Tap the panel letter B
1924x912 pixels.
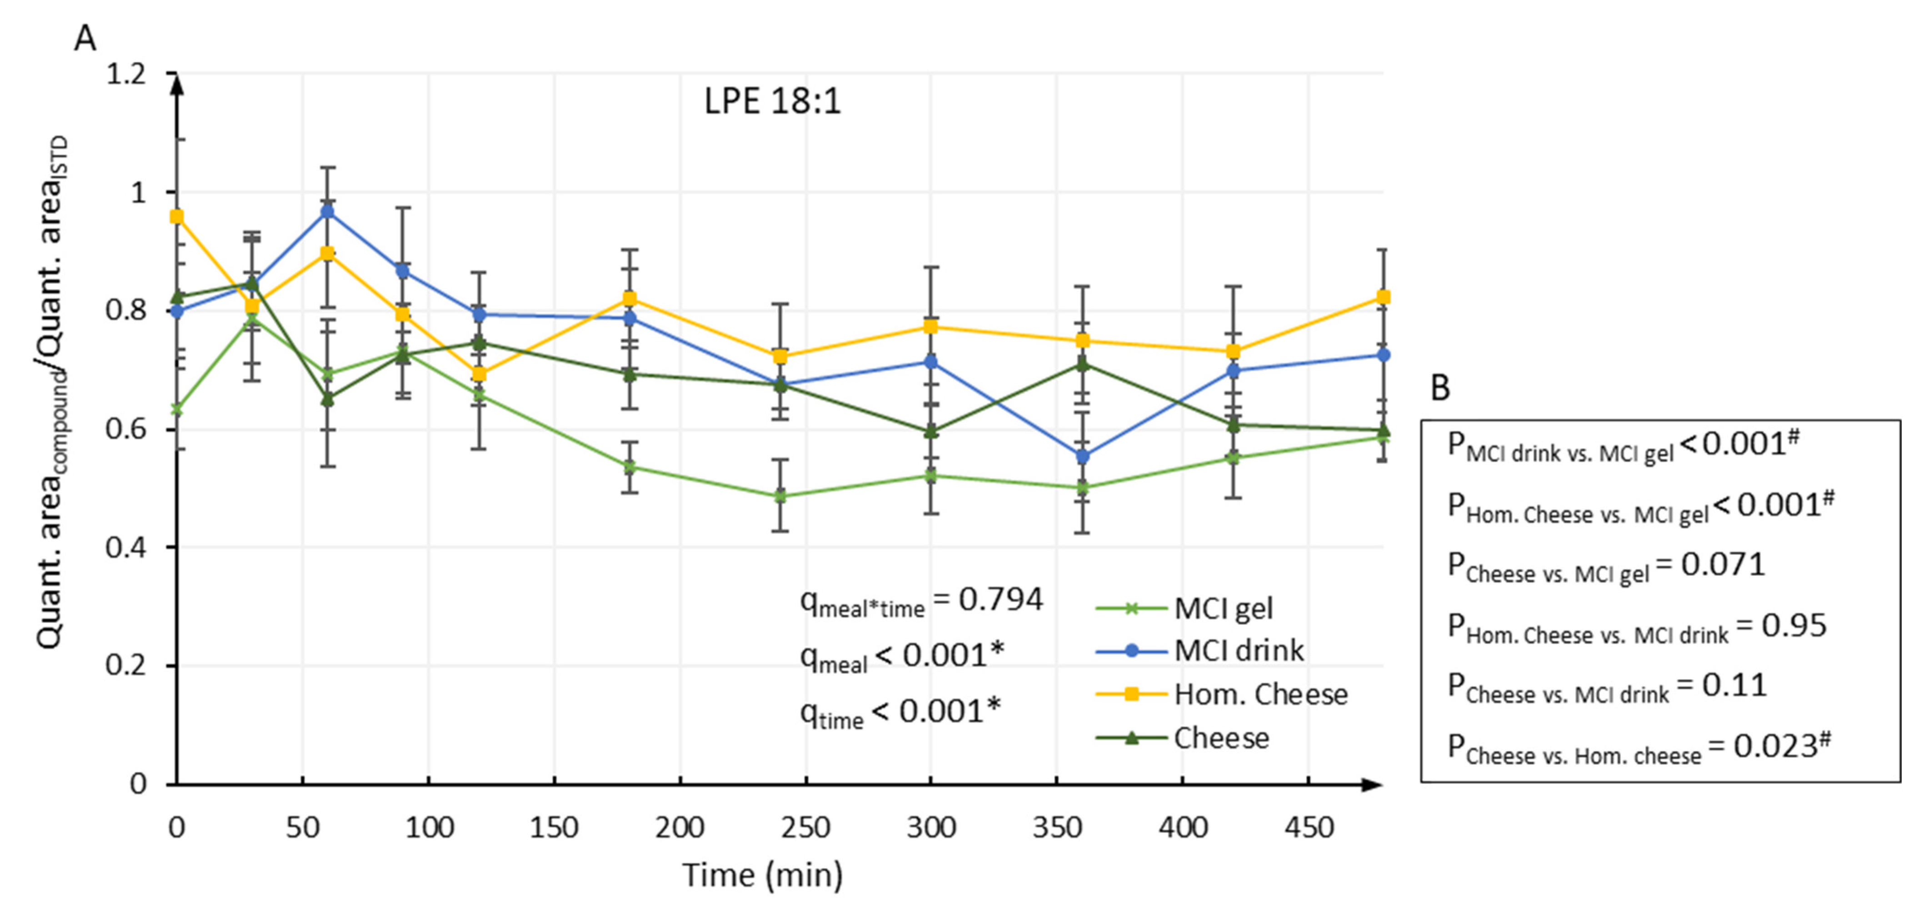(1439, 388)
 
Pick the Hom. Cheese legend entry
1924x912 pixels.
(1260, 695)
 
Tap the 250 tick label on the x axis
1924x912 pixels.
(806, 827)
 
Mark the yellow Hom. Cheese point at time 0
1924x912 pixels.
(177, 217)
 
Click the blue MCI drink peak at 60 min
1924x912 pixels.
(327, 211)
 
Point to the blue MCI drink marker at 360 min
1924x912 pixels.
(1082, 456)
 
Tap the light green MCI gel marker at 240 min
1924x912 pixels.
(780, 496)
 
